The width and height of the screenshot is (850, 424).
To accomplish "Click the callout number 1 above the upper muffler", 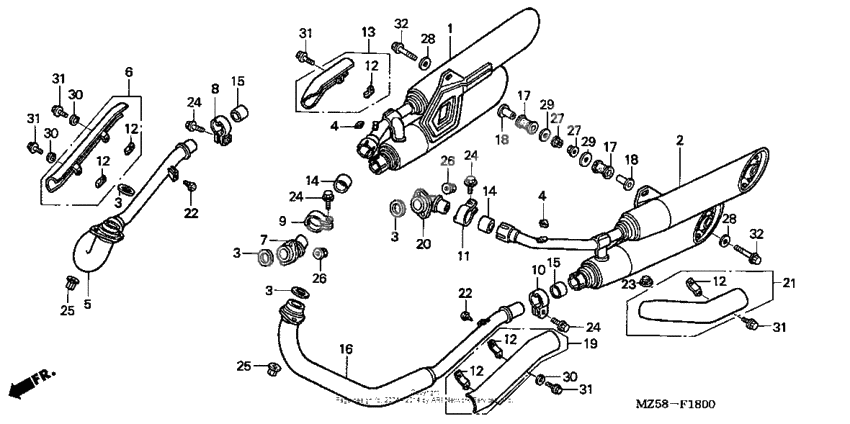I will pyautogui.click(x=450, y=27).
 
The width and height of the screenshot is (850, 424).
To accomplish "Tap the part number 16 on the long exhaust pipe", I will pyautogui.click(x=346, y=349).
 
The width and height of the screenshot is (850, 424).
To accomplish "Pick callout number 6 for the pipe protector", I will pyautogui.click(x=128, y=71).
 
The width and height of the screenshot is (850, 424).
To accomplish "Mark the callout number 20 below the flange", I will pyautogui.click(x=424, y=244).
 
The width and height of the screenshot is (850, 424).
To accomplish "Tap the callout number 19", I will pyautogui.click(x=590, y=343).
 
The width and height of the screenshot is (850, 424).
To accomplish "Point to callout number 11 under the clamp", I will pyautogui.click(x=462, y=256).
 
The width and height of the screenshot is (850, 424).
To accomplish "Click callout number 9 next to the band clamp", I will pyautogui.click(x=283, y=221).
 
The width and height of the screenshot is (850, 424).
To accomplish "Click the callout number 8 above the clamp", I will pyautogui.click(x=214, y=89).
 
